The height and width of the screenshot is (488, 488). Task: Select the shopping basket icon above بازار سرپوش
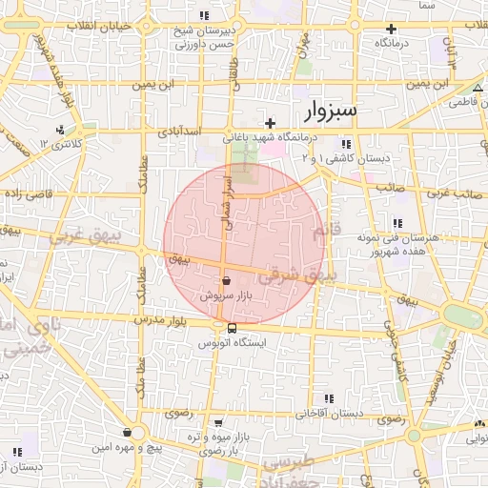click(226, 281)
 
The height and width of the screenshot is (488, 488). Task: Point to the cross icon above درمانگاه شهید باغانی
click(271, 123)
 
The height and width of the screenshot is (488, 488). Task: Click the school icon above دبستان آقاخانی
click(330, 398)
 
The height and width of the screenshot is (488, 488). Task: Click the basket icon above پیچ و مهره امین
click(127, 433)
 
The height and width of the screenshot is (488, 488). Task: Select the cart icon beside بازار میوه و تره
click(220, 422)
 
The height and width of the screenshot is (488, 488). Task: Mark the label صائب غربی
click(449, 193)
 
